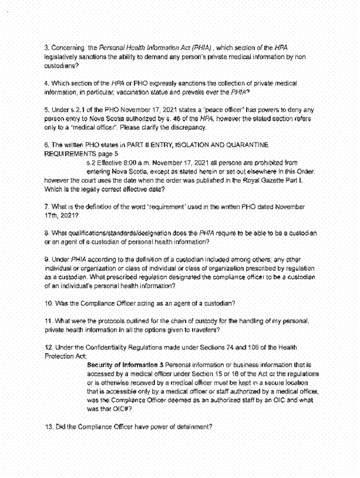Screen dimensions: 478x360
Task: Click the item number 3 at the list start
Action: (x=46, y=46)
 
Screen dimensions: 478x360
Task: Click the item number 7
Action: (x=46, y=207)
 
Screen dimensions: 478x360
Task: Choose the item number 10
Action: (x=48, y=303)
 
